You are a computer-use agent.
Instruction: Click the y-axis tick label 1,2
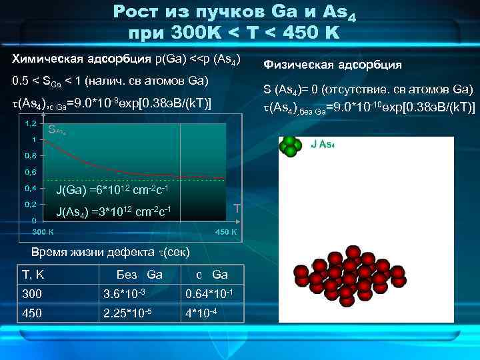point(31,123)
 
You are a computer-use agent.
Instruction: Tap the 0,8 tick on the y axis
point(31,155)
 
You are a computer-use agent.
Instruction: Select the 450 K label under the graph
point(225,232)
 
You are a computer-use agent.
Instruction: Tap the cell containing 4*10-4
point(201,314)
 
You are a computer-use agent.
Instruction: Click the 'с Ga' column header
point(211,275)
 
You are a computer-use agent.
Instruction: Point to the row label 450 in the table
point(31,314)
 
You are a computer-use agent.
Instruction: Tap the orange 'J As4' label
point(323,143)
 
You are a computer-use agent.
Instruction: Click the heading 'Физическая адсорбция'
point(333,65)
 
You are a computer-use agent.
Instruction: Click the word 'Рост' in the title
point(136,11)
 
